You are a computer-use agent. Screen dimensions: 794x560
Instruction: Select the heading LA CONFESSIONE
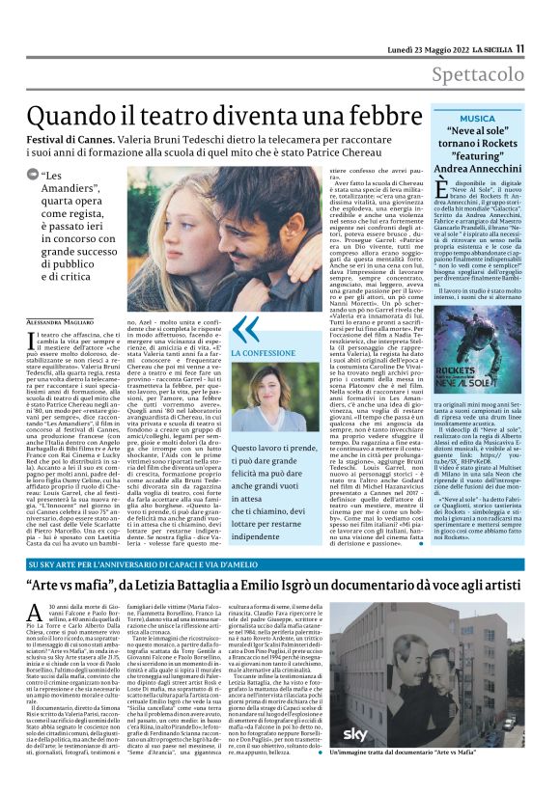tap(261, 354)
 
